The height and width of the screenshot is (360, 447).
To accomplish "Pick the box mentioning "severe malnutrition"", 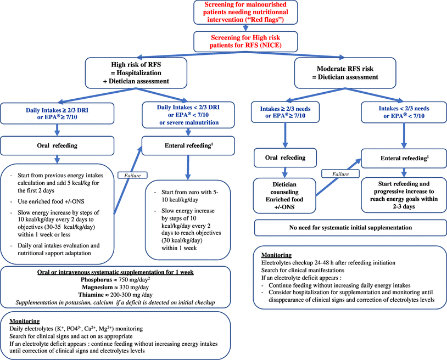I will click(x=188, y=113).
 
